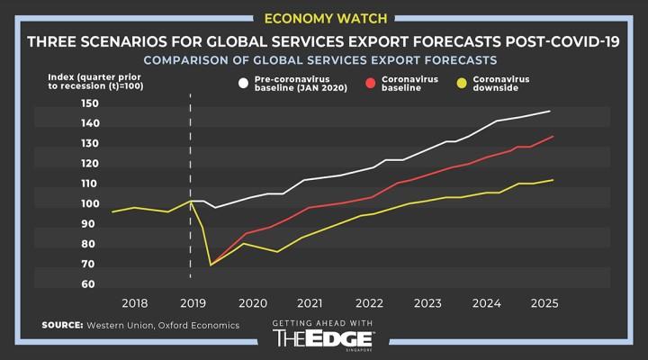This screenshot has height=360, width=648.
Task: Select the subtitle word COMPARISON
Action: [193, 60]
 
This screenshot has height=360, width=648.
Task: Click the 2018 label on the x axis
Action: [134, 302]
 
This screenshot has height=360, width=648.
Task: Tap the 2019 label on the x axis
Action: [192, 302]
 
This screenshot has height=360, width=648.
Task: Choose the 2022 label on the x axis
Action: [369, 302]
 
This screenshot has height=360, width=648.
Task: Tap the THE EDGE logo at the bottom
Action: [324, 338]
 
